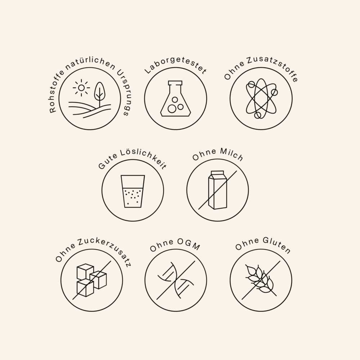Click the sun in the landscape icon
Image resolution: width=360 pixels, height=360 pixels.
[81, 88]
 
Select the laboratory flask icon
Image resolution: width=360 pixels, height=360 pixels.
[176, 99]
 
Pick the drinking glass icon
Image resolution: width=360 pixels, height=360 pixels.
[133, 191]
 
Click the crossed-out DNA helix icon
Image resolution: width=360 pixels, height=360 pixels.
[176, 280]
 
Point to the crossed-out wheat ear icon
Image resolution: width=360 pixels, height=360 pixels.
[261, 280]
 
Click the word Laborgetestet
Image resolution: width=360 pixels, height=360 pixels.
[176, 65]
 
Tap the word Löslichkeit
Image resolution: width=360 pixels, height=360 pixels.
[144, 157]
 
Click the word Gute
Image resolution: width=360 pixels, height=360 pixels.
[107, 162]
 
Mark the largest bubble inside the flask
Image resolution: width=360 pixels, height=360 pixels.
[172, 109]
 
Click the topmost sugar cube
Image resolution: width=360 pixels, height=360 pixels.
[85, 271]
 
